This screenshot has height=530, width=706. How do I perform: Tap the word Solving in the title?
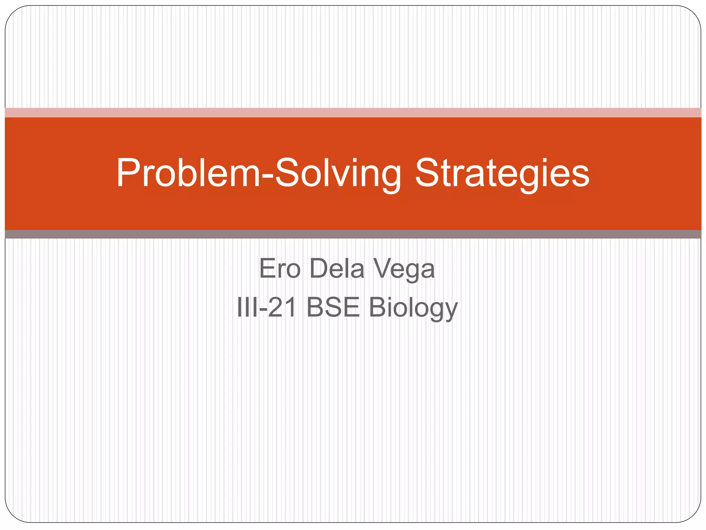[338, 173]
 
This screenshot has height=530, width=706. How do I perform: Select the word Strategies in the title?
[502, 173]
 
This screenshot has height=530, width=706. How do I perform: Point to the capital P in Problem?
[127, 173]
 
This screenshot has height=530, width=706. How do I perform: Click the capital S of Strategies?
[427, 173]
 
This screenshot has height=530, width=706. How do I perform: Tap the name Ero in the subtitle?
[280, 268]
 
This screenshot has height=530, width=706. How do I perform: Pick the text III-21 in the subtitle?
[266, 307]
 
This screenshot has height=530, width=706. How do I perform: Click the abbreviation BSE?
[333, 307]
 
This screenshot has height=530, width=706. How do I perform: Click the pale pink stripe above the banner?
[353, 112]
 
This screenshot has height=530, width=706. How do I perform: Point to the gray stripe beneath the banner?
[353, 234]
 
